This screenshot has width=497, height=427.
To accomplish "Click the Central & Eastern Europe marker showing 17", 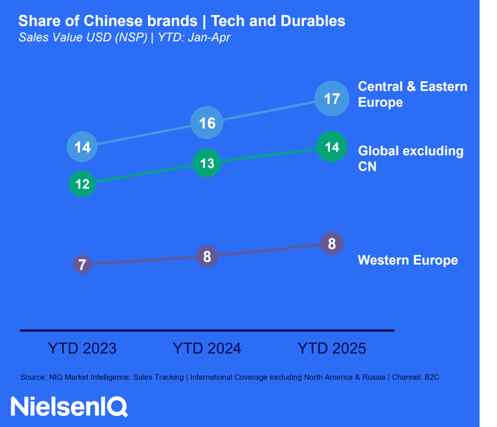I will click(331, 99).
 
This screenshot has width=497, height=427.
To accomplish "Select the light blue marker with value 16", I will click(207, 123).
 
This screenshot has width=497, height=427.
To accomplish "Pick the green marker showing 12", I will click(83, 184).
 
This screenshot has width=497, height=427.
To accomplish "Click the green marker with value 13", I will click(207, 163).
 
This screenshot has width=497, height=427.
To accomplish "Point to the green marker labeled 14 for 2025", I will click(331, 147).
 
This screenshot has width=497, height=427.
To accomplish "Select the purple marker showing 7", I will click(83, 265).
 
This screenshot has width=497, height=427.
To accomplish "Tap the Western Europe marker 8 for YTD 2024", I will click(207, 256).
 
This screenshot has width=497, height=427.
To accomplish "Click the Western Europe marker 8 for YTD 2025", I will click(332, 243).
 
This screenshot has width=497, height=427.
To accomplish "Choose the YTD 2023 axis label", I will click(83, 348).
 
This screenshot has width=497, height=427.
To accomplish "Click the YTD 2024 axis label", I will click(207, 348).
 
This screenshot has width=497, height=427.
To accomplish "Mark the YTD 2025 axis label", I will click(332, 348).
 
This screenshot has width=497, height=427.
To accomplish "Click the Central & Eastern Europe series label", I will click(412, 94).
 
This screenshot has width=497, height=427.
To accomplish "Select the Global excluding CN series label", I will click(411, 158).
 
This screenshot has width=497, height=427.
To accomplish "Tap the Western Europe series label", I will click(408, 260).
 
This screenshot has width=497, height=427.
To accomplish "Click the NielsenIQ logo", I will click(69, 406).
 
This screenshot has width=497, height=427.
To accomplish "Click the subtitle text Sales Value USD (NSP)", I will click(83, 37).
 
